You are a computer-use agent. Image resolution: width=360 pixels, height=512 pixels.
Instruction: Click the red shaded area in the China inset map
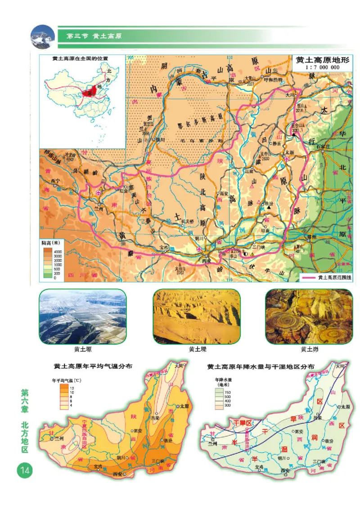click(91, 91)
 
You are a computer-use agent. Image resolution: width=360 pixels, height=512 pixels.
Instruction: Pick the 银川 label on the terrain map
click(161, 139)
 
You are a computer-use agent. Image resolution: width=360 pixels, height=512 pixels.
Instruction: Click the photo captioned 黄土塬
click(83, 317)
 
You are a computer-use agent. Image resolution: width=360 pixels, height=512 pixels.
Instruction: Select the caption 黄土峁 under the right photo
click(309, 349)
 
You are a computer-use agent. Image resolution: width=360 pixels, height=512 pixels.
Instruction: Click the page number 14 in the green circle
click(24, 471)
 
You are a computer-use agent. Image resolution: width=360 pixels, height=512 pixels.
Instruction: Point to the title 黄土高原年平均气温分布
click(96, 367)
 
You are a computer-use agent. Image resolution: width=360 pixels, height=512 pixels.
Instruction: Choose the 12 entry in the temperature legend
click(72, 387)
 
